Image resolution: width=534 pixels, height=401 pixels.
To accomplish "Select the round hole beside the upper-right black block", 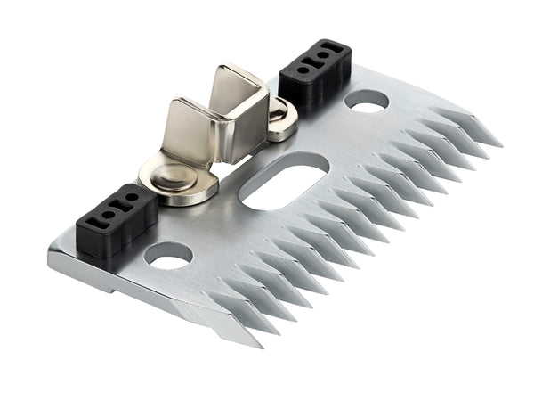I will pos(365,101).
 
